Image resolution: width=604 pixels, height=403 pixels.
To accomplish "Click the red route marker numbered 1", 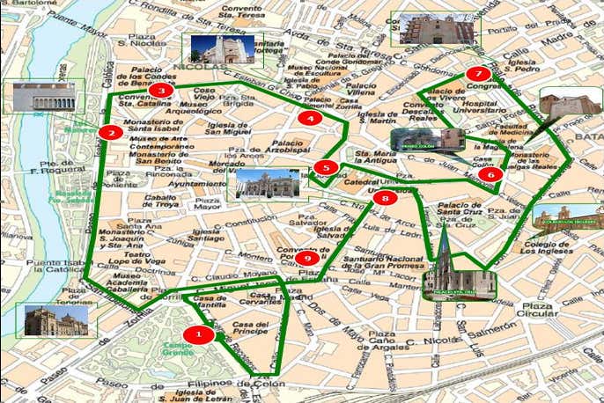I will click(x=198, y=334).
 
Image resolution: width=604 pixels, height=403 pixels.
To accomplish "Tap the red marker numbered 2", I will click(x=110, y=133).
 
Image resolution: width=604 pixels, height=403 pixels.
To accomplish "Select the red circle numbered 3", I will click(x=160, y=90).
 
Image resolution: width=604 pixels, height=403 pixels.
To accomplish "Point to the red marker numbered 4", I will click(x=309, y=117).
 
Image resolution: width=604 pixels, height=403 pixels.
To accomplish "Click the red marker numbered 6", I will click(x=490, y=174).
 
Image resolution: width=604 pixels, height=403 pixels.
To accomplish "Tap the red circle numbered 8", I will click(x=385, y=199).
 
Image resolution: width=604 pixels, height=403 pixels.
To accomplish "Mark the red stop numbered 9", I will click(x=307, y=258).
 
